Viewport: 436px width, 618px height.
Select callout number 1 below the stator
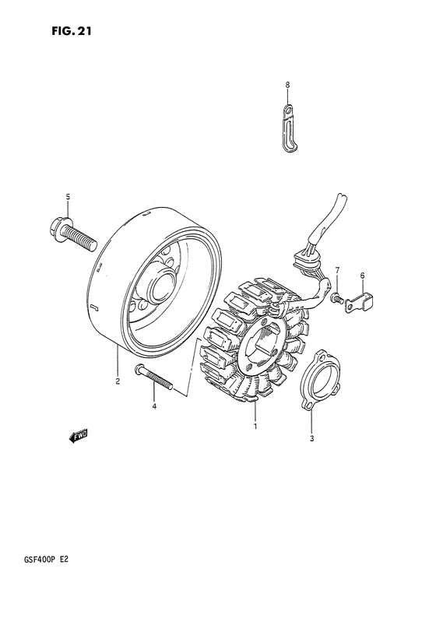[254, 427]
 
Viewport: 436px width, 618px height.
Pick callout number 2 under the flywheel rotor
[118, 381]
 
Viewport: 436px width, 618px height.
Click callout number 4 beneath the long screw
[154, 406]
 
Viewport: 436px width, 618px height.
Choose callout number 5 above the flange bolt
[69, 196]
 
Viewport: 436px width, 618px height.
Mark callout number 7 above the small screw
[338, 270]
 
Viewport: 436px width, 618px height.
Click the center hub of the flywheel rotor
[161, 286]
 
